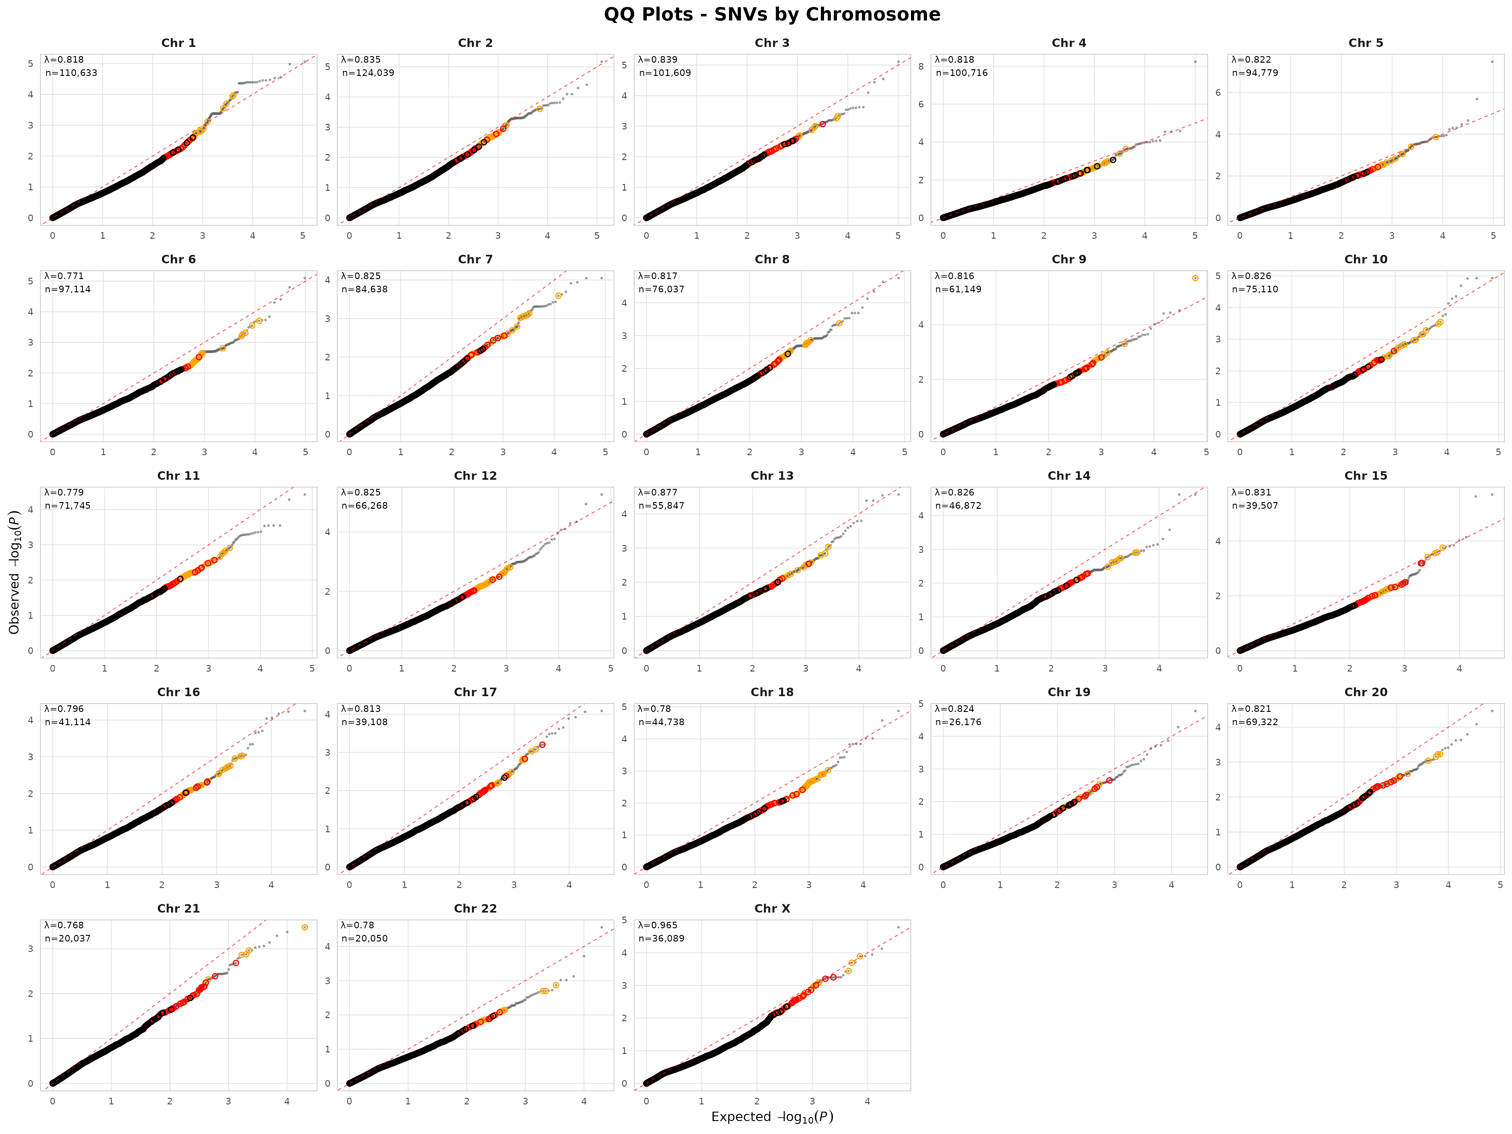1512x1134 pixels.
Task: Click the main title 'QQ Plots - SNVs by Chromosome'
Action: pos(772,14)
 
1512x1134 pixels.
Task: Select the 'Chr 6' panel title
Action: pos(178,259)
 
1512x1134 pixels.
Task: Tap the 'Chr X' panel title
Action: pos(772,908)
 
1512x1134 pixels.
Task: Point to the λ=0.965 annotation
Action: pos(658,925)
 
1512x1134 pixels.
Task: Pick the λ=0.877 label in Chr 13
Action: pos(658,492)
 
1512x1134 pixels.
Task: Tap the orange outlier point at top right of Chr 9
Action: pos(1195,278)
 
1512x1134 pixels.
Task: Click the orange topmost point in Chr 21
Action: pos(305,928)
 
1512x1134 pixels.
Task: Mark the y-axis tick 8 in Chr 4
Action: pos(921,66)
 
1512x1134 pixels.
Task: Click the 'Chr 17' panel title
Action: pos(475,692)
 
